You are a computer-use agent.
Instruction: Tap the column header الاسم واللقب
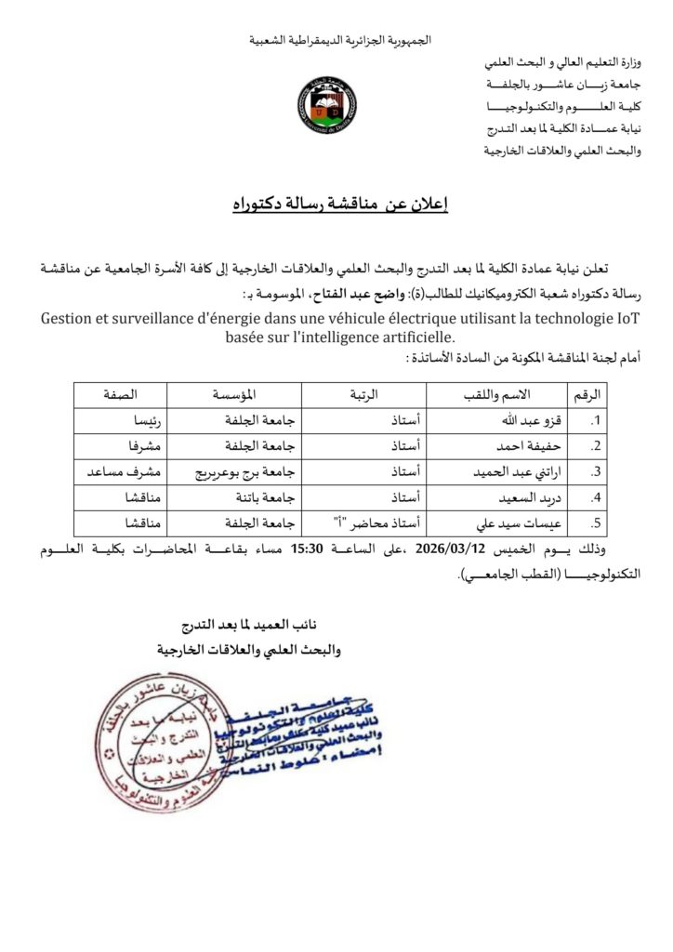point(478,392)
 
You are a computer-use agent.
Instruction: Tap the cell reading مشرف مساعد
point(118,470)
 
